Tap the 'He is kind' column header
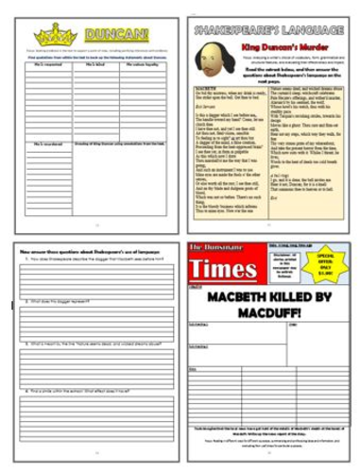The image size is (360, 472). [x=94, y=73]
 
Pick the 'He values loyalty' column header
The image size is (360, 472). [x=144, y=73]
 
